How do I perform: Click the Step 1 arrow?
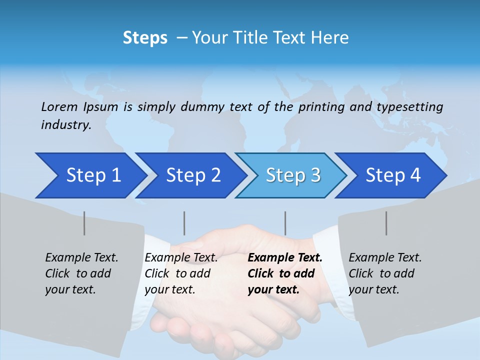tap(93, 175)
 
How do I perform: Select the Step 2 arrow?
tap(193, 175)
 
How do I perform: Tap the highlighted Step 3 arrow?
tap(293, 175)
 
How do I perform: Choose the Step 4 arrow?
tap(393, 175)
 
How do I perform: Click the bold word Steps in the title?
tap(145, 38)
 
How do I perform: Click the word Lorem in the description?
tap(59, 107)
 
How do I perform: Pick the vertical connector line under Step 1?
tap(84, 223)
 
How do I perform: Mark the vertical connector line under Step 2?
tap(184, 223)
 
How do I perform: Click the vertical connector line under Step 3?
tap(285, 223)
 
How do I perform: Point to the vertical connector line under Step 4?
tap(386, 223)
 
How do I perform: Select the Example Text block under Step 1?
tap(81, 273)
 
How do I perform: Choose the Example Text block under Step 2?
tap(181, 273)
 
